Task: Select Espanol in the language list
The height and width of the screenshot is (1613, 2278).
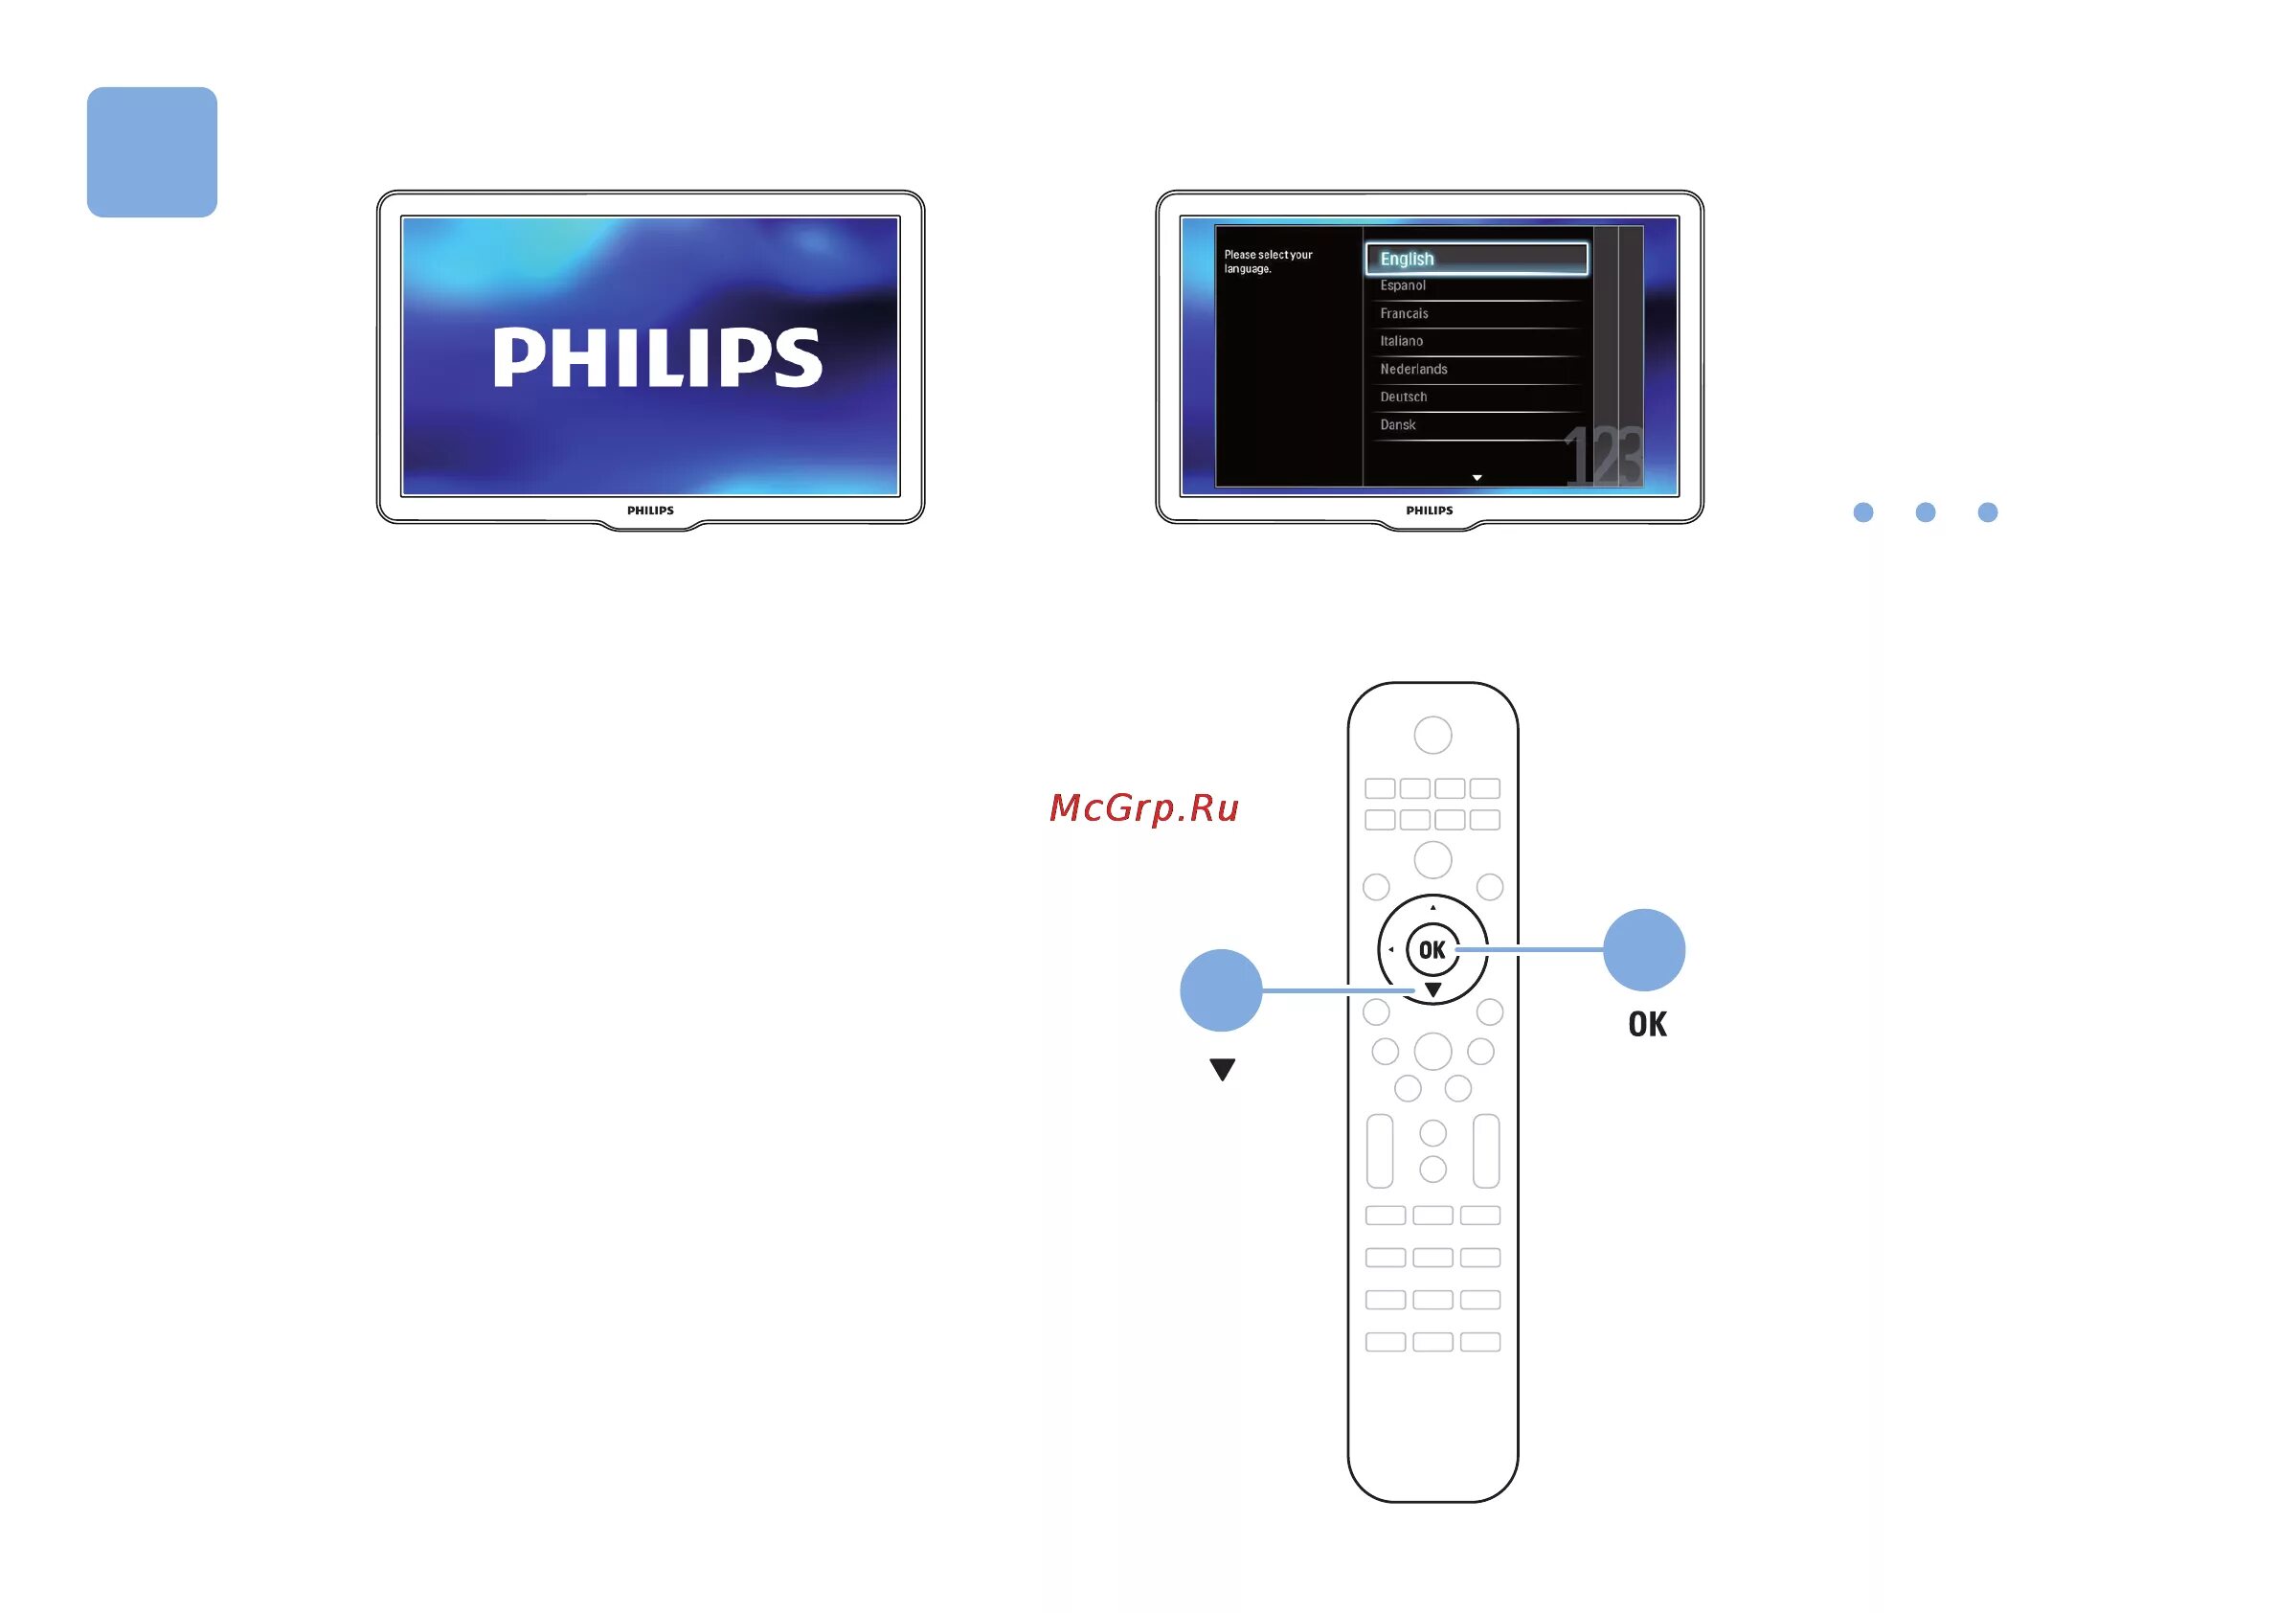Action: pos(1402,286)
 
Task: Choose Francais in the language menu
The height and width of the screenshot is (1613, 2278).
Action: pos(1403,314)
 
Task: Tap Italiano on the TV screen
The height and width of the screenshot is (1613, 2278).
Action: pos(1400,342)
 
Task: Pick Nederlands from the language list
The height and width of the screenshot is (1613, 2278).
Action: pos(1413,370)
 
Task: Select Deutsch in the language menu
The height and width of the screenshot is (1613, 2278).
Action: pos(1402,398)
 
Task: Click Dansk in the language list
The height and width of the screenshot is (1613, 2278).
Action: pos(1397,425)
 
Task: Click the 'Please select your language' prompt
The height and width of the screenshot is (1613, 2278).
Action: pos(1267,262)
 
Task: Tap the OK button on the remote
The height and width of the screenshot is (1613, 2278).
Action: pos(1432,950)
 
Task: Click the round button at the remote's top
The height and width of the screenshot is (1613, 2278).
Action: pos(1432,736)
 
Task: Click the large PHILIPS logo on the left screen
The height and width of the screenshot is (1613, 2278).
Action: pos(658,357)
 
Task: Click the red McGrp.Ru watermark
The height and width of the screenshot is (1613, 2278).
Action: pos(1144,808)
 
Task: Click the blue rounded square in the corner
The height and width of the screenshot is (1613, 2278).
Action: pos(152,152)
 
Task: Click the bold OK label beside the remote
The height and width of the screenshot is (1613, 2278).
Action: pos(1647,1025)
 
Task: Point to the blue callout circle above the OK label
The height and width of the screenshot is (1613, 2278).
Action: pos(1643,950)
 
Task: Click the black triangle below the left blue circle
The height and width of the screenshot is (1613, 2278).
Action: pos(1223,1070)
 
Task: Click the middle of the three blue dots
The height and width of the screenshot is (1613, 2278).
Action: pos(1926,512)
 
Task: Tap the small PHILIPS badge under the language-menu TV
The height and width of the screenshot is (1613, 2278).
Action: pos(1429,511)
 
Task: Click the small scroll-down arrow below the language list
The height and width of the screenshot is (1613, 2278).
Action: pos(1477,479)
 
